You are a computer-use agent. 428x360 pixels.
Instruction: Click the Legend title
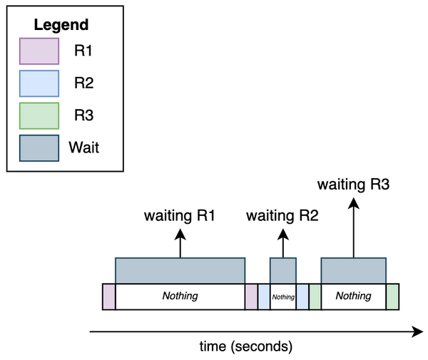(61, 25)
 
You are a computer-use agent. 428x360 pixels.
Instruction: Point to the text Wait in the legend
(83, 148)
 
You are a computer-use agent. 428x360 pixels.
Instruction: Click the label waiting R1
(180, 215)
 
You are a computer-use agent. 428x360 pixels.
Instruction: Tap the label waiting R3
(354, 185)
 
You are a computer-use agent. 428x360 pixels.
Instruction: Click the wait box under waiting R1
(180, 270)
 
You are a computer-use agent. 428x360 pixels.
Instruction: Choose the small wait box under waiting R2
(282, 270)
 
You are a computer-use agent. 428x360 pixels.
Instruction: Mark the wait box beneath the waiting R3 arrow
(354, 270)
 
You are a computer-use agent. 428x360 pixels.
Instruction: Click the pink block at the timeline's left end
(108, 297)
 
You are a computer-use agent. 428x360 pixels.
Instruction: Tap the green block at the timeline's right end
(392, 297)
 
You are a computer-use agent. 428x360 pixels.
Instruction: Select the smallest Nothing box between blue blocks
(283, 297)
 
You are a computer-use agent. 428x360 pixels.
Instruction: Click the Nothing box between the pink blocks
(180, 297)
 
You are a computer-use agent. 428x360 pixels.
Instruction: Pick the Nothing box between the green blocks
(354, 297)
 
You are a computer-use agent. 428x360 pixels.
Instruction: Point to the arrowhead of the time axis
(417, 331)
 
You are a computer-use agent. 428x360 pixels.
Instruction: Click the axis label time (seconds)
(245, 347)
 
